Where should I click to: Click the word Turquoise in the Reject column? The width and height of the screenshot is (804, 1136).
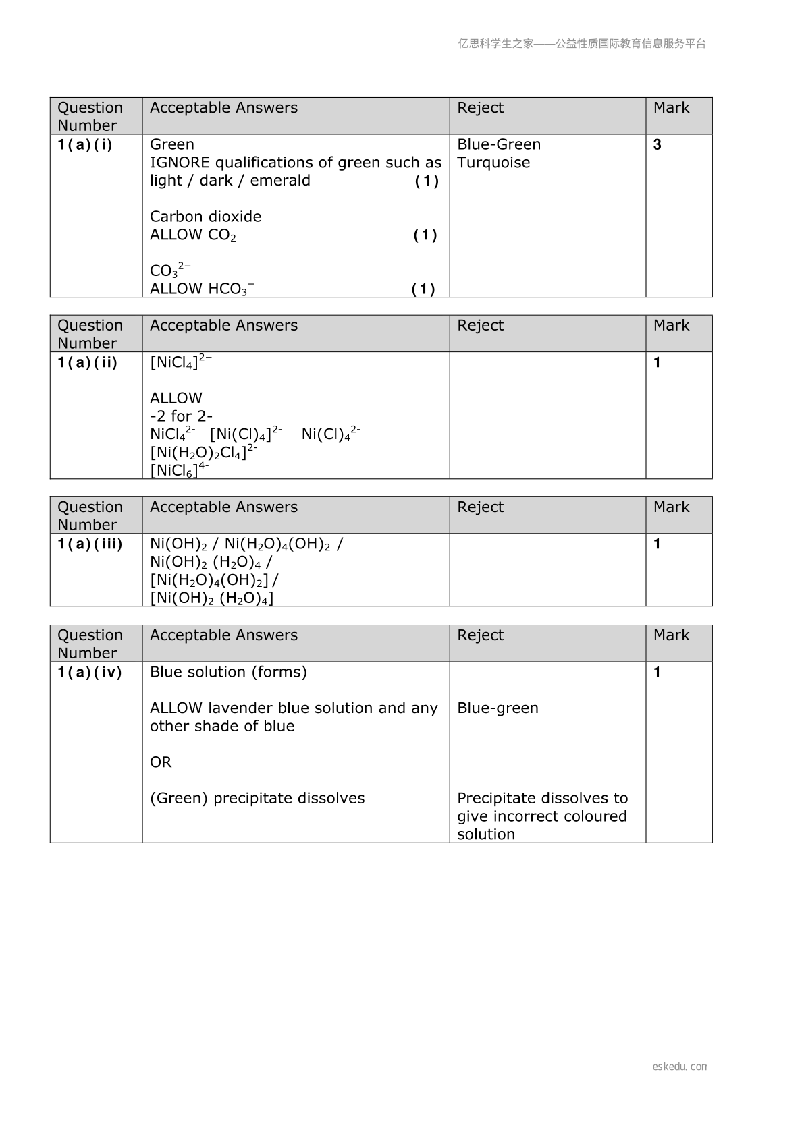click(x=493, y=163)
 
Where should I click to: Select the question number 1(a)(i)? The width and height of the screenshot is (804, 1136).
click(x=85, y=145)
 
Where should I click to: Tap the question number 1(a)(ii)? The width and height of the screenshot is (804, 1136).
click(x=87, y=363)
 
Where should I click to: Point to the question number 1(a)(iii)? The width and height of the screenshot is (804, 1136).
click(x=90, y=544)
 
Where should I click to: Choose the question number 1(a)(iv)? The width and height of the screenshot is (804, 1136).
click(x=90, y=673)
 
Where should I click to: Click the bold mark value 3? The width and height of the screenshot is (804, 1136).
click(x=658, y=145)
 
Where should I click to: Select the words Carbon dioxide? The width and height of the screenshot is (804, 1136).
click(x=205, y=217)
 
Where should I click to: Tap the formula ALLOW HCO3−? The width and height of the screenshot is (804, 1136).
click(x=202, y=289)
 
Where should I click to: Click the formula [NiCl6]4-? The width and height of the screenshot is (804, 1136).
click(x=179, y=470)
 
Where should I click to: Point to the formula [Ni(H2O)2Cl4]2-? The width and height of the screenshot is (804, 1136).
click(x=203, y=451)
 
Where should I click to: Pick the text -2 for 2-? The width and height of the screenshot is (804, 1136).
click(x=181, y=416)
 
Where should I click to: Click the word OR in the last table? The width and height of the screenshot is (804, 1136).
click(x=161, y=762)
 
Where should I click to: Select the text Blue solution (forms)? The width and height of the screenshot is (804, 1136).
click(x=228, y=673)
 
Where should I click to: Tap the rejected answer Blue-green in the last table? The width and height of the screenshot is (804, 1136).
click(x=498, y=708)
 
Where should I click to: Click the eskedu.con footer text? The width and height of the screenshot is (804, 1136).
click(x=679, y=1067)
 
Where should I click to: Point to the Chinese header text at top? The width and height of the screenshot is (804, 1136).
click(x=582, y=44)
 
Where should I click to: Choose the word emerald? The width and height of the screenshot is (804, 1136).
click(x=280, y=181)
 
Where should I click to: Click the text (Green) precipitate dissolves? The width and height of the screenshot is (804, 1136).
click(x=257, y=799)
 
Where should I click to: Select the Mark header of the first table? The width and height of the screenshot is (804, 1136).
click(x=671, y=108)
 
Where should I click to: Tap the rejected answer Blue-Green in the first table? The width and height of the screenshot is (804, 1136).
click(x=499, y=145)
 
